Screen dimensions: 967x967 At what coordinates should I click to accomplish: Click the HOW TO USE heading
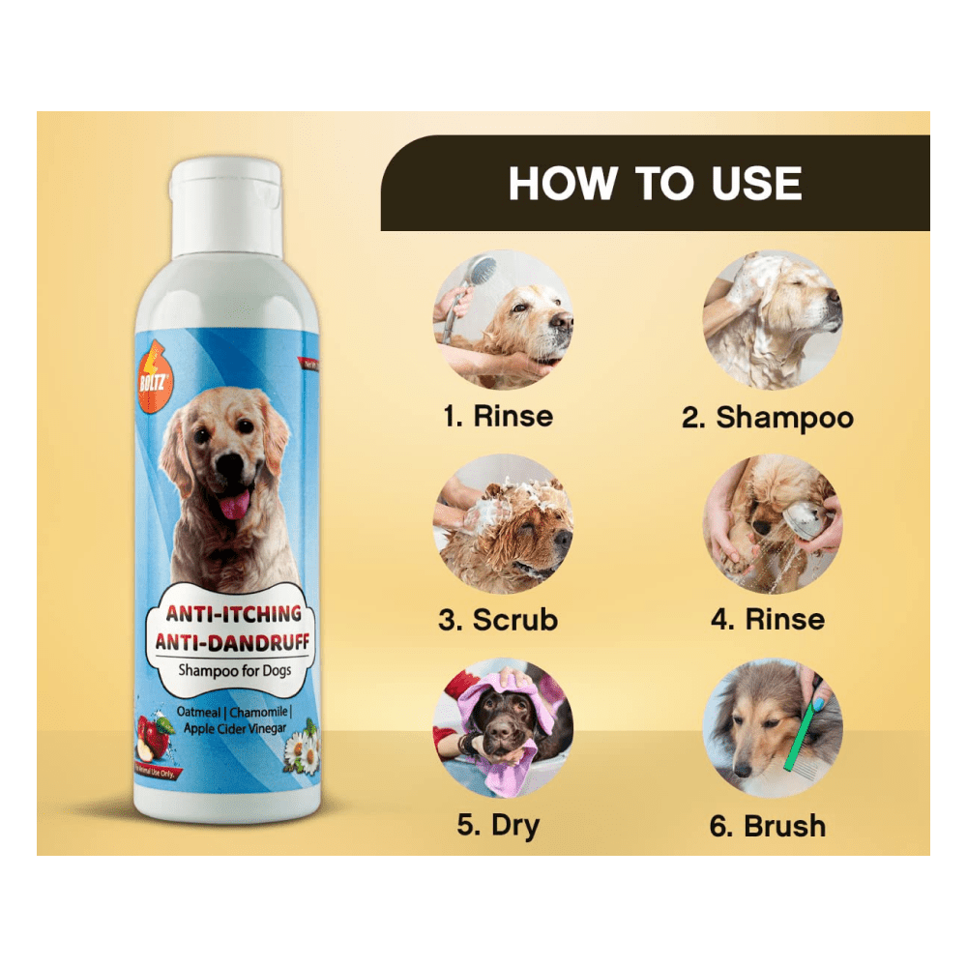coord(655,184)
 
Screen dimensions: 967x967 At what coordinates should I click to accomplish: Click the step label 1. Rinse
coord(498,417)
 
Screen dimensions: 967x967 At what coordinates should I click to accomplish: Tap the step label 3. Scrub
coord(498,620)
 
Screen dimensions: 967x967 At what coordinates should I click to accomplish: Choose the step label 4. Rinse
coord(768,620)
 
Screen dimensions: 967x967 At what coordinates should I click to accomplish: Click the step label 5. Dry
coord(498,825)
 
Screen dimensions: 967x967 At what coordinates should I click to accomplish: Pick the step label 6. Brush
coord(768,827)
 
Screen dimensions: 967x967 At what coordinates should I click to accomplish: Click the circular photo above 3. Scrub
coord(503,523)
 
